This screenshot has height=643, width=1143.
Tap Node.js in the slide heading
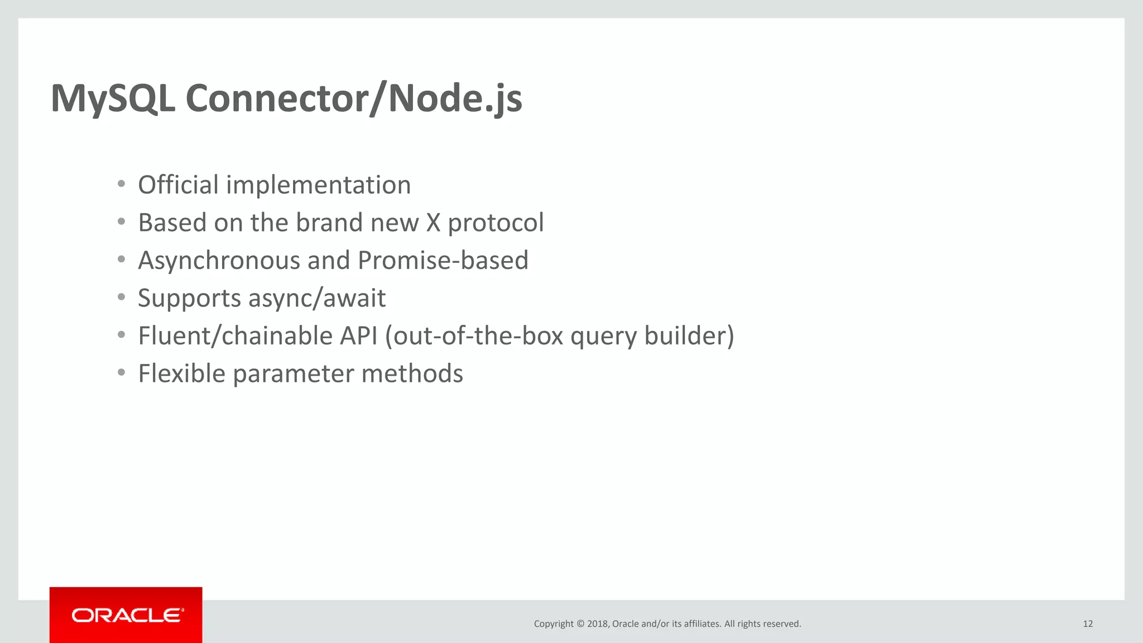455,99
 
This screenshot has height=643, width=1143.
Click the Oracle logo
127,615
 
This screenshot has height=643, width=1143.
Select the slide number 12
1087,624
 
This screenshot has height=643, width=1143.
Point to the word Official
178,185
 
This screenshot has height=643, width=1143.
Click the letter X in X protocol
434,223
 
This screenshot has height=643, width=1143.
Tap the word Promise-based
443,261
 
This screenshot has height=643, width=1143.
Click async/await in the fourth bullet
316,299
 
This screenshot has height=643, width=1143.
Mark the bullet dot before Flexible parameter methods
121,373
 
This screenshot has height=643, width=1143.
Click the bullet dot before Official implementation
121,184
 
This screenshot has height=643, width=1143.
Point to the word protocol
496,223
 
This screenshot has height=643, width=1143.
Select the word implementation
318,185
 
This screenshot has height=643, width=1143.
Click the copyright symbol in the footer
580,624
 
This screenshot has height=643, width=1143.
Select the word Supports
189,299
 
